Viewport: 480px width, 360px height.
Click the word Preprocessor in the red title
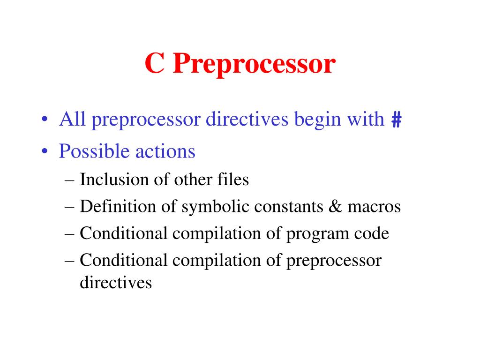tap(254, 65)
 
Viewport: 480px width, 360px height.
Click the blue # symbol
tap(396, 120)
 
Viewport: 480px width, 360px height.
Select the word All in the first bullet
tap(72, 120)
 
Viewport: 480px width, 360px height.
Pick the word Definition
tap(111, 207)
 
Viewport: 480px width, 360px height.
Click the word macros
tap(374, 207)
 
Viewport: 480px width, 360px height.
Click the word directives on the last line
tap(116, 283)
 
